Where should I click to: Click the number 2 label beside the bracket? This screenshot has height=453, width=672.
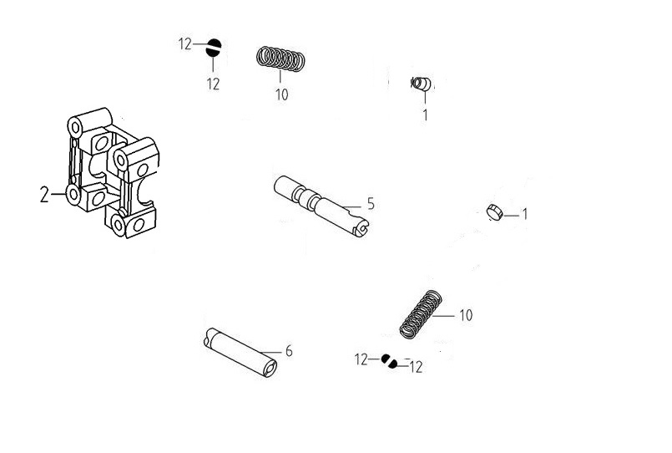(x=44, y=195)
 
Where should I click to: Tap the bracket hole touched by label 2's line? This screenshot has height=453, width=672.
(x=73, y=195)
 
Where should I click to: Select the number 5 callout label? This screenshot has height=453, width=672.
(x=371, y=204)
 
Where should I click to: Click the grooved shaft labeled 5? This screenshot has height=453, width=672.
(x=321, y=205)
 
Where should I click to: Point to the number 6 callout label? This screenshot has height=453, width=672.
(x=289, y=351)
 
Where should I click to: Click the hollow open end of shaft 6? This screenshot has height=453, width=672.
(x=270, y=368)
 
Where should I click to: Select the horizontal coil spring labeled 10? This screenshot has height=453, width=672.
(x=281, y=59)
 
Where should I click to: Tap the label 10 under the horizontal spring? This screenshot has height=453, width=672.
(x=281, y=94)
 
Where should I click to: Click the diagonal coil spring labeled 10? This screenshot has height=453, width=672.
(x=421, y=314)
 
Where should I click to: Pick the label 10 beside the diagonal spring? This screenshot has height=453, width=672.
(x=466, y=315)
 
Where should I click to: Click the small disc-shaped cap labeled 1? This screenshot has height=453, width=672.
(x=494, y=212)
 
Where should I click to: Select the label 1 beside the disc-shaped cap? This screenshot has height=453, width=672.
(x=525, y=214)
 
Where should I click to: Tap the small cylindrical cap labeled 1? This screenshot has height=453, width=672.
(x=422, y=84)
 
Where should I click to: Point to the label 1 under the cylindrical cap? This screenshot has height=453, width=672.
(x=425, y=115)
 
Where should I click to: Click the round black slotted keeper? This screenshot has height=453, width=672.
(x=214, y=48)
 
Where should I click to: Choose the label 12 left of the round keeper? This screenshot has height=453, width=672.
(x=185, y=43)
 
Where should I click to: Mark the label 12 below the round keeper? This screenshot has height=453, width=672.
(x=213, y=84)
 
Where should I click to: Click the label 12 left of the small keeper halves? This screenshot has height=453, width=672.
(x=361, y=359)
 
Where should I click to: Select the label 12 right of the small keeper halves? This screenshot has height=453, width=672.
(x=417, y=367)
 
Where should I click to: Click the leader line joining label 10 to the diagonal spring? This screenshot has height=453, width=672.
(x=443, y=316)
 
